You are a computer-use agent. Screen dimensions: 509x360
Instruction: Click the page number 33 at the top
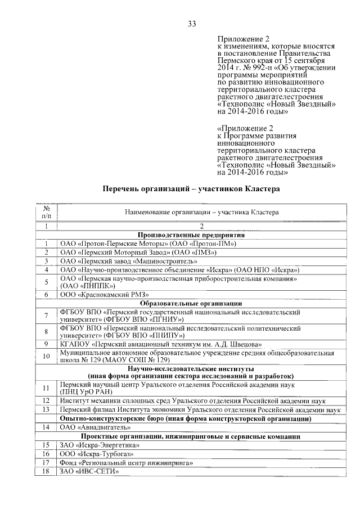coord(192,24)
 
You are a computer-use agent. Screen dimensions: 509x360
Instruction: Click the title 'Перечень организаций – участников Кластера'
coord(191,190)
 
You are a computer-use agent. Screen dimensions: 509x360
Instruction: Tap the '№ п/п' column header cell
coord(46,211)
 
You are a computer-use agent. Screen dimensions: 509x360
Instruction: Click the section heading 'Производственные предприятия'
coord(191,235)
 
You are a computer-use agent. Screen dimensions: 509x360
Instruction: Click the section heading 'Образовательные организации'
coord(191,303)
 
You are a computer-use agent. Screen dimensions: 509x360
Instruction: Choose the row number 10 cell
coord(46,356)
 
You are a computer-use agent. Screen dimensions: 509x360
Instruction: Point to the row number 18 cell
coord(46,471)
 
